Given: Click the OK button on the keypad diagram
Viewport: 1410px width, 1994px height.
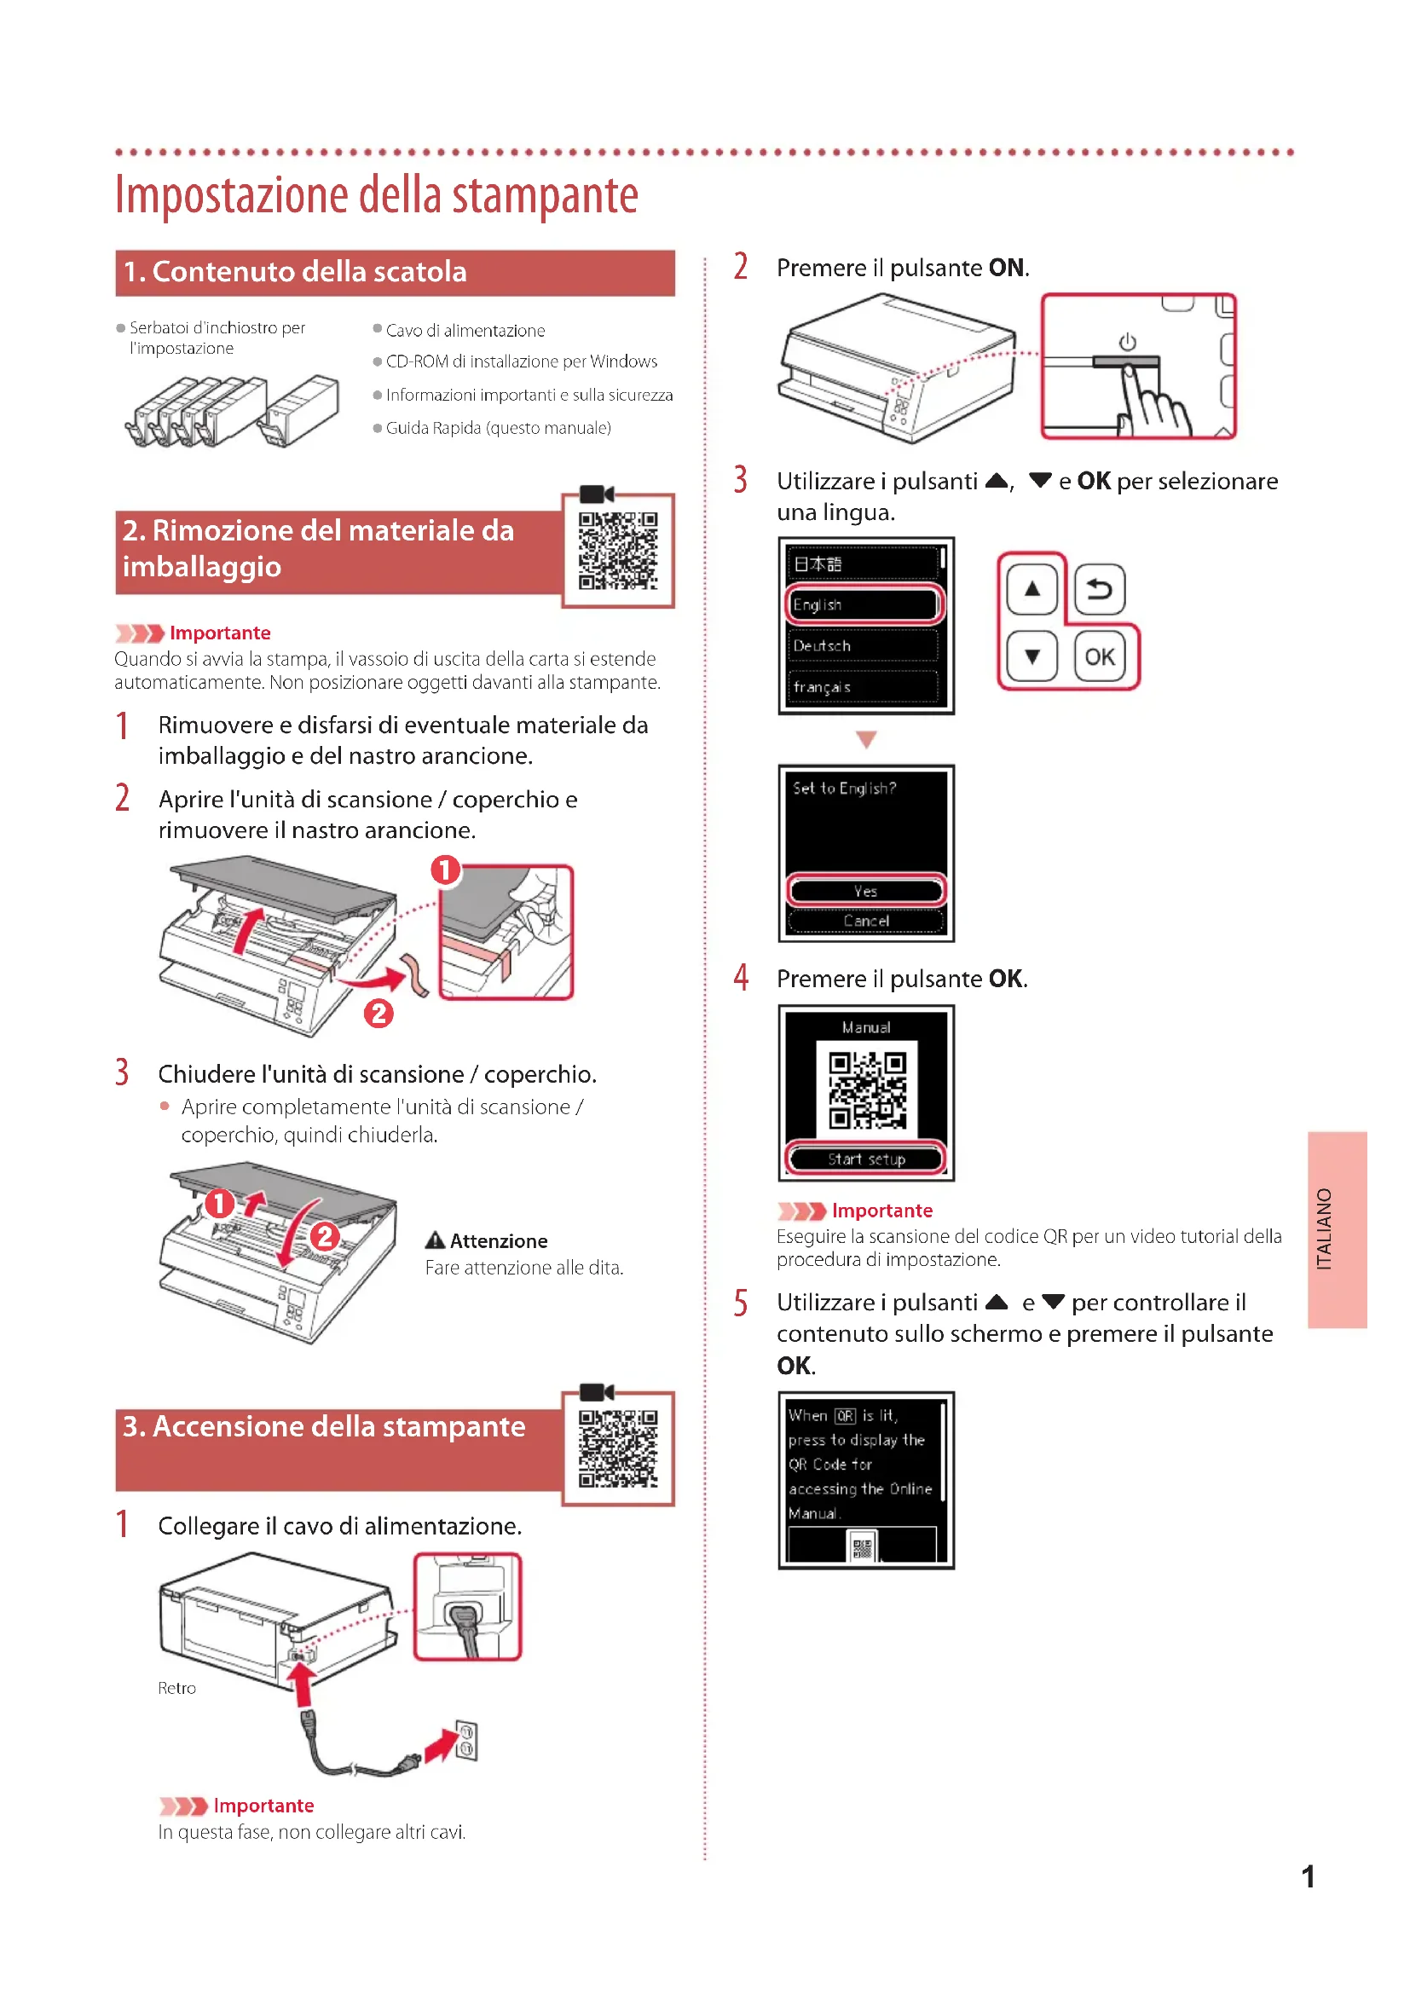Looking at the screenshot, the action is pyautogui.click(x=1099, y=656).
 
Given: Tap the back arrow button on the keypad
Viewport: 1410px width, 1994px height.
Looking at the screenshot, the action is pyautogui.click(x=1099, y=590).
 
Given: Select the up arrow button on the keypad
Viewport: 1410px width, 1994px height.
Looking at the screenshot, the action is pyautogui.click(x=1031, y=590).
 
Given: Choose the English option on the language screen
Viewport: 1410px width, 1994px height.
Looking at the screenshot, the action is pyautogui.click(x=863, y=604).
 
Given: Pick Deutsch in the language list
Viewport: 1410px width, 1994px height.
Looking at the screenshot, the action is pyautogui.click(x=863, y=645).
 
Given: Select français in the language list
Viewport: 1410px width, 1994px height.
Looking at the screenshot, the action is pyautogui.click(x=863, y=687).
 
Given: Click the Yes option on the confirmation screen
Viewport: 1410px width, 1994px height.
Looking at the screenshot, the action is pyautogui.click(x=865, y=891).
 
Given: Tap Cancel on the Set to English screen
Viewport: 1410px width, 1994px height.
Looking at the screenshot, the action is pyautogui.click(x=865, y=921).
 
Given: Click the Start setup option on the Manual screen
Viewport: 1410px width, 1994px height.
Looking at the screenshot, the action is pyautogui.click(x=865, y=1159).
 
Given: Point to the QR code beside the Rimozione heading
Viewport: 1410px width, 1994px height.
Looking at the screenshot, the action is pyautogui.click(x=618, y=551).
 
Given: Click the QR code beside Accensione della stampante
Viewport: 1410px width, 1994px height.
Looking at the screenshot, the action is pyautogui.click(x=618, y=1448).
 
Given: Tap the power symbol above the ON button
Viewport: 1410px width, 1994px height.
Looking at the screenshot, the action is pyautogui.click(x=1127, y=341).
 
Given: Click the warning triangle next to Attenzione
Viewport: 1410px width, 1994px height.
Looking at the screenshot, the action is pyautogui.click(x=435, y=1240).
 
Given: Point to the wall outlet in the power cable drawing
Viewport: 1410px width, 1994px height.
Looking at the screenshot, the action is pyautogui.click(x=466, y=1741).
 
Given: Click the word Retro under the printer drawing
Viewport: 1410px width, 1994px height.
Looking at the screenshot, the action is pyautogui.click(x=176, y=1688).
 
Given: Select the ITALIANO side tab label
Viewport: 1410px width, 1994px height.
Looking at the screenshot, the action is pyautogui.click(x=1324, y=1229).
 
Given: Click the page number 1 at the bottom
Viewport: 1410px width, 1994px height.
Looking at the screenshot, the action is pyautogui.click(x=1308, y=1876).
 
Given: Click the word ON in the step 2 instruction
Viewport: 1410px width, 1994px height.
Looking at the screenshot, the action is pyautogui.click(x=1006, y=268).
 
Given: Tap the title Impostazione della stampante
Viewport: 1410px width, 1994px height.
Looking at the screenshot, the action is pyautogui.click(x=377, y=194).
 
